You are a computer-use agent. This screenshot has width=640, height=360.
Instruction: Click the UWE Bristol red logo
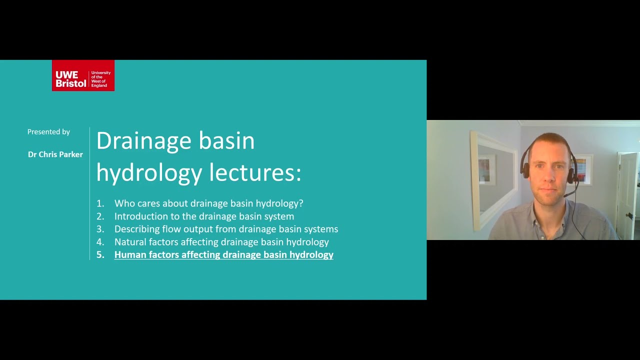click(83, 75)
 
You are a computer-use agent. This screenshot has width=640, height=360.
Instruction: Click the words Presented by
click(48, 132)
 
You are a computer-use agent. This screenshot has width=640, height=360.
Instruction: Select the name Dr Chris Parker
click(55, 154)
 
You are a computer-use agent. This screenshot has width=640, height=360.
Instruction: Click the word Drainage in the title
click(144, 140)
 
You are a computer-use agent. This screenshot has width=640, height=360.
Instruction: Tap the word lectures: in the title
click(255, 172)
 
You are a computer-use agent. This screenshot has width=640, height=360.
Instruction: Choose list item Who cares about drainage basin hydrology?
click(208, 203)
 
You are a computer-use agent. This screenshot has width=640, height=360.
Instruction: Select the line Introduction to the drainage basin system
click(204, 216)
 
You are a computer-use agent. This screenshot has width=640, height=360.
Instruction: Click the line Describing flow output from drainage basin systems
click(226, 229)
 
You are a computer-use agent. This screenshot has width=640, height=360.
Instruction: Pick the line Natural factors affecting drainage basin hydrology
click(221, 242)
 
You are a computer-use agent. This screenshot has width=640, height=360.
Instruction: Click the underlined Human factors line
click(223, 255)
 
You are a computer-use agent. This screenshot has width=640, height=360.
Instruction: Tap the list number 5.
click(100, 255)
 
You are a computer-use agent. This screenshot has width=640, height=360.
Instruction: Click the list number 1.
click(100, 203)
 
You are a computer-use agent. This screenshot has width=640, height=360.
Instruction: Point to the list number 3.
click(100, 229)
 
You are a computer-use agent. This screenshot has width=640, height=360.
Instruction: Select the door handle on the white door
click(629, 216)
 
